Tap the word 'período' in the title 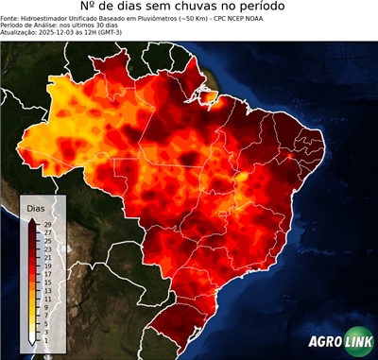(x=281, y=10)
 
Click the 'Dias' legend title (x=36, y=207)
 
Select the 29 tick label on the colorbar (x=47, y=224)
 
